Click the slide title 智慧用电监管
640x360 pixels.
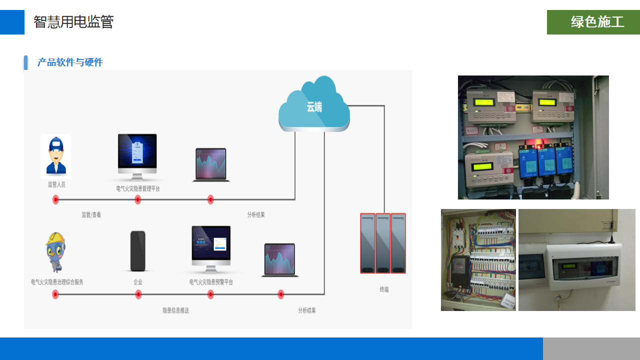pyautogui.click(x=73, y=22)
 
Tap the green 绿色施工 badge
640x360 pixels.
pyautogui.click(x=593, y=22)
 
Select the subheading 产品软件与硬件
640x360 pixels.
pyautogui.click(x=70, y=62)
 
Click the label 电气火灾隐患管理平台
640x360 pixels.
pyautogui.click(x=138, y=189)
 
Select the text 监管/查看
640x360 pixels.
pyautogui.click(x=91, y=215)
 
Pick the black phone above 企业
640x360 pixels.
pyautogui.click(x=138, y=250)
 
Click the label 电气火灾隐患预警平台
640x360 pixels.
pyautogui.click(x=211, y=282)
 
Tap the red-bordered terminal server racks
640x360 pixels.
pyautogui.click(x=383, y=243)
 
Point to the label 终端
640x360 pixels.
pyautogui.click(x=384, y=289)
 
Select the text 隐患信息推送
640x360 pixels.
pyautogui.click(x=176, y=310)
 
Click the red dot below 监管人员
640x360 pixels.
pyautogui.click(x=55, y=200)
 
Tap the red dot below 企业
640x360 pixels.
pyautogui.click(x=138, y=294)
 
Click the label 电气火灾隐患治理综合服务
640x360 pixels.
pyautogui.click(x=57, y=282)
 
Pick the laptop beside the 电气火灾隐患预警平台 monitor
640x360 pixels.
pyautogui.click(x=279, y=259)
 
